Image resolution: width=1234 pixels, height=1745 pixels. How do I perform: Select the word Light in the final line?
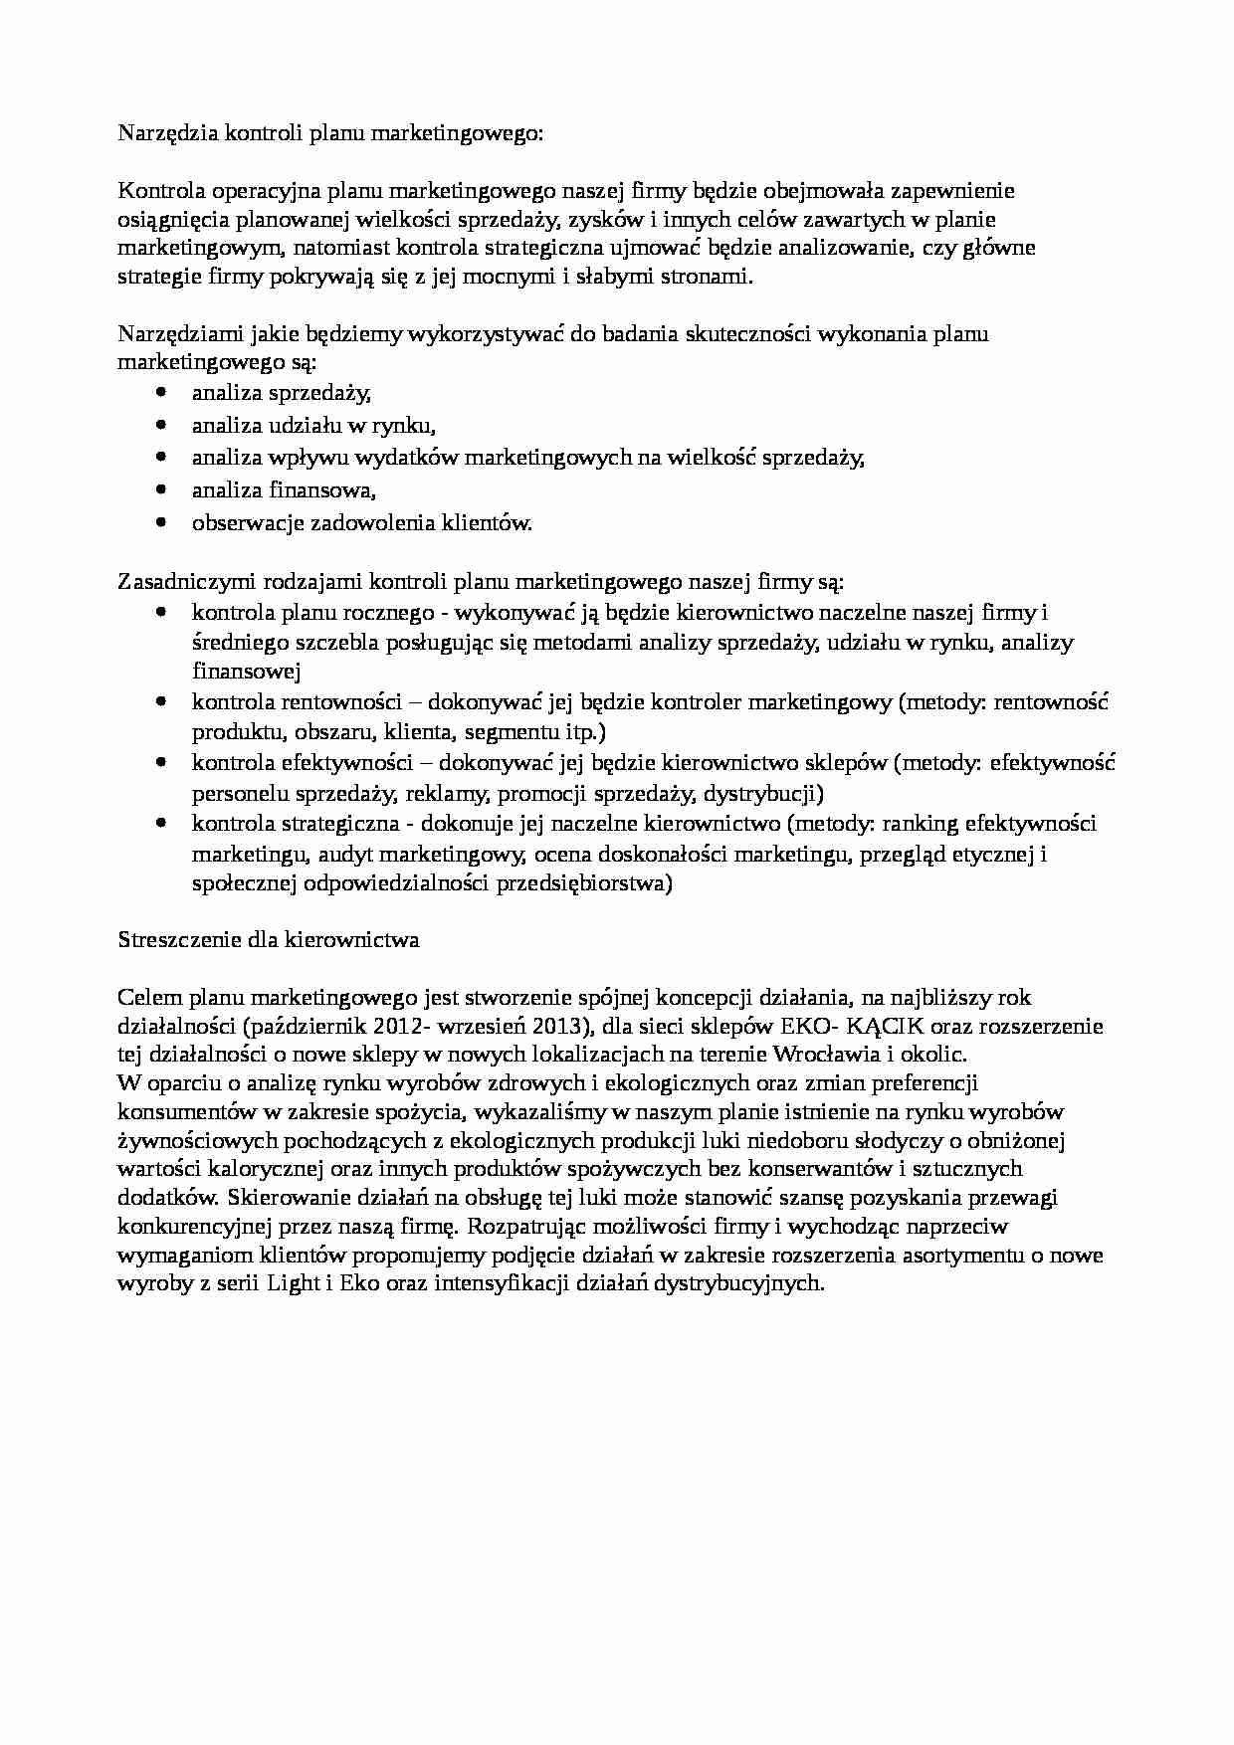(294, 1283)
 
